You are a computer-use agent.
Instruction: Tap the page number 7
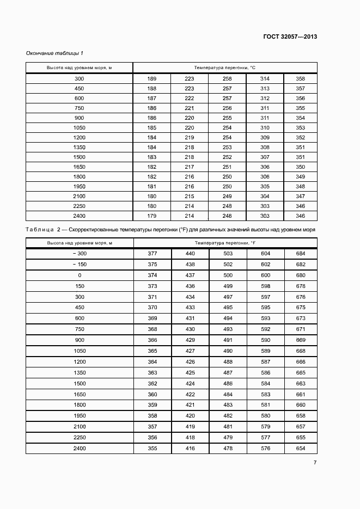click(315, 462)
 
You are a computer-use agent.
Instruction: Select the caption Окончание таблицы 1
click(54, 53)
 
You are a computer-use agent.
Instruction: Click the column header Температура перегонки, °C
click(225, 68)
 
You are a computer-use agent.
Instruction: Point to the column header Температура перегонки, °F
click(225, 242)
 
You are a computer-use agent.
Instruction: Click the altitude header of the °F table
click(80, 242)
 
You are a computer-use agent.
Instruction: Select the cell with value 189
click(152, 79)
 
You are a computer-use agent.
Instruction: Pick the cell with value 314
click(265, 79)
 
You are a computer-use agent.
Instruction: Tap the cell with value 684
click(301, 254)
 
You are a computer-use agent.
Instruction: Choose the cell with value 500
click(228, 275)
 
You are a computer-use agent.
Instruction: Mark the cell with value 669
click(301, 340)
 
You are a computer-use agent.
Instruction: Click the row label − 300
click(80, 254)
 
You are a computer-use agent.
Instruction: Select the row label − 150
click(80, 265)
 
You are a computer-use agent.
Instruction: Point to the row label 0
click(80, 275)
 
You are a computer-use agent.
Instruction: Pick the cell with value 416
click(190, 448)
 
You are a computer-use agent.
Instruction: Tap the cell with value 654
click(301, 448)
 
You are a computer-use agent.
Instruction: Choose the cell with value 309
click(265, 137)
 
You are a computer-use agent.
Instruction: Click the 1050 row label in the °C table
click(80, 127)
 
